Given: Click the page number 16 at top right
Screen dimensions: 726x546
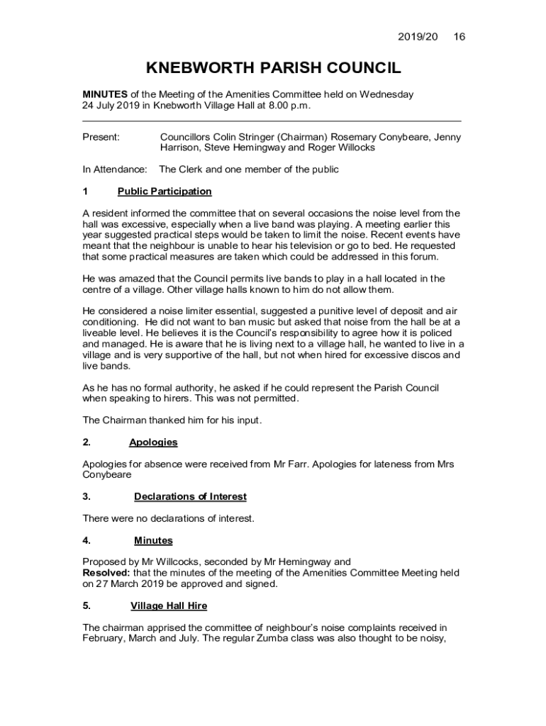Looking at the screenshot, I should [x=459, y=37].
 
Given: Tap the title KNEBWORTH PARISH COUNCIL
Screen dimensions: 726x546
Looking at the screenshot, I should [x=273, y=68].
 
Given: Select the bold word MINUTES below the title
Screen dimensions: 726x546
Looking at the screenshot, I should [x=105, y=94].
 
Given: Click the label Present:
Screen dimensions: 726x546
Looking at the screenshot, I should [x=101, y=137].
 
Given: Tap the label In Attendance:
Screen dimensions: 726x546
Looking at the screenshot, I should [x=115, y=169].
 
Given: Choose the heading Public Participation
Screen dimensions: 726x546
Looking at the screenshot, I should [x=165, y=191].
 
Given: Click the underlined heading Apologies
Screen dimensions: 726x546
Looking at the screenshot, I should [x=153, y=442].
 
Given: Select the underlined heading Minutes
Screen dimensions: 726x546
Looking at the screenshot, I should [x=153, y=541].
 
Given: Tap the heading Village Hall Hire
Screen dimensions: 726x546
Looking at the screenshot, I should [x=169, y=606].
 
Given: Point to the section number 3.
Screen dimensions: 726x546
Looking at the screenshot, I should [x=86, y=497].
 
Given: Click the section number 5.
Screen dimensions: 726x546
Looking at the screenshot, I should [x=86, y=606].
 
